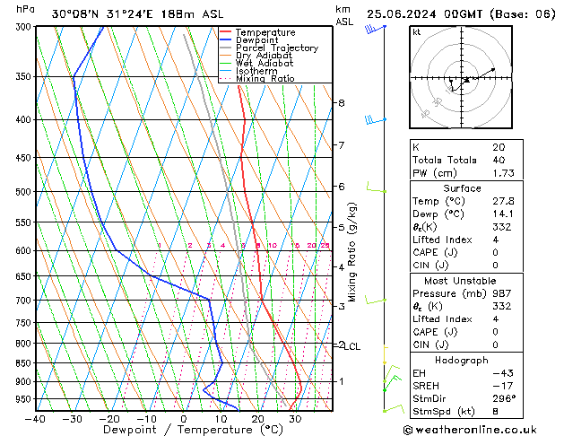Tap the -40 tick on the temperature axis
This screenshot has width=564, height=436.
coord(36,419)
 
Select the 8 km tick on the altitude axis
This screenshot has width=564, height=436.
coord(341,103)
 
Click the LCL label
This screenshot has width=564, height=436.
coord(352,346)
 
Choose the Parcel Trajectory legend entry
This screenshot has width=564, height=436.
coord(276,48)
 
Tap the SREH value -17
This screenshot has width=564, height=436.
coord(500,386)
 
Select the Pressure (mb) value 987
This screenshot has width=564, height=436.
coord(501,293)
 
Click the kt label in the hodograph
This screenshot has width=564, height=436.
coord(416,32)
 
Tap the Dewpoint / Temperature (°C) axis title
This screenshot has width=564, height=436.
coord(177,430)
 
